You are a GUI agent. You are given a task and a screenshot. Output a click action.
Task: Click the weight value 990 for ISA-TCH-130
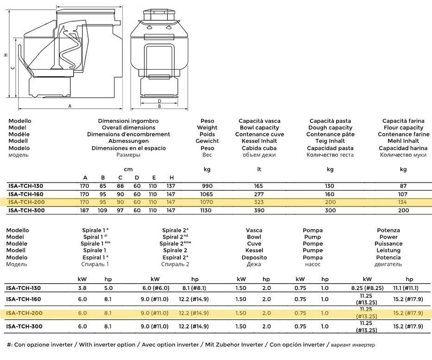pyautogui.click(x=207, y=186)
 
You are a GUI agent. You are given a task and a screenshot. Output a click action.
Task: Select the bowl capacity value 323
pyautogui.click(x=259, y=202)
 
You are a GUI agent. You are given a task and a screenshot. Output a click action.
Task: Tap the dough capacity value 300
pyautogui.click(x=330, y=210)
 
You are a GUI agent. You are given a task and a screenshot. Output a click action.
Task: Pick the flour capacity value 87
pyautogui.click(x=403, y=186)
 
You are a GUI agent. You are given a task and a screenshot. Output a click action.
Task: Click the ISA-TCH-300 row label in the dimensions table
pyautogui.click(x=26, y=210)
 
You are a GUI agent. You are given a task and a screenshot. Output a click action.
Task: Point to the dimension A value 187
pyautogui.click(x=85, y=210)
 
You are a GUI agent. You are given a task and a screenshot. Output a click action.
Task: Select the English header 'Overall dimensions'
pyautogui.click(x=128, y=128)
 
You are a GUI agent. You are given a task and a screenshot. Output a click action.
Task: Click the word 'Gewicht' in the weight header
pyautogui.click(x=207, y=141)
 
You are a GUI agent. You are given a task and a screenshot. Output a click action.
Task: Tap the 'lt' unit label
pyautogui.click(x=259, y=169)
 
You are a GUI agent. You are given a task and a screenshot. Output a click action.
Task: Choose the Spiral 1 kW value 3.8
pyautogui.click(x=82, y=288)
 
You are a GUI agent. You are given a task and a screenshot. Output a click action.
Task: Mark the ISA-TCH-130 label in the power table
pyautogui.click(x=24, y=288)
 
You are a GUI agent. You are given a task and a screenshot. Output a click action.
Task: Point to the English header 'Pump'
pyautogui.click(x=312, y=237)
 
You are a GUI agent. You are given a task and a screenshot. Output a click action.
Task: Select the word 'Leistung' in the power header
pyautogui.click(x=388, y=250)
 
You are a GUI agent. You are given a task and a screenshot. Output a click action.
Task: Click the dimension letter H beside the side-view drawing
pyautogui.click(x=6, y=55)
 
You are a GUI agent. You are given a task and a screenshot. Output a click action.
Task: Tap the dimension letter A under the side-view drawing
pyautogui.click(x=70, y=106)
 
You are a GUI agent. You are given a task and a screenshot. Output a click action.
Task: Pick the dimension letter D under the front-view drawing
pyautogui.click(x=159, y=101)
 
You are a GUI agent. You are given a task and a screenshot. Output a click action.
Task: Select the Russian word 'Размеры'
pyautogui.click(x=128, y=155)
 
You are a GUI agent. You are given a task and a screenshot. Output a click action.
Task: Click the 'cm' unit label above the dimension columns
pyautogui.click(x=128, y=169)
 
